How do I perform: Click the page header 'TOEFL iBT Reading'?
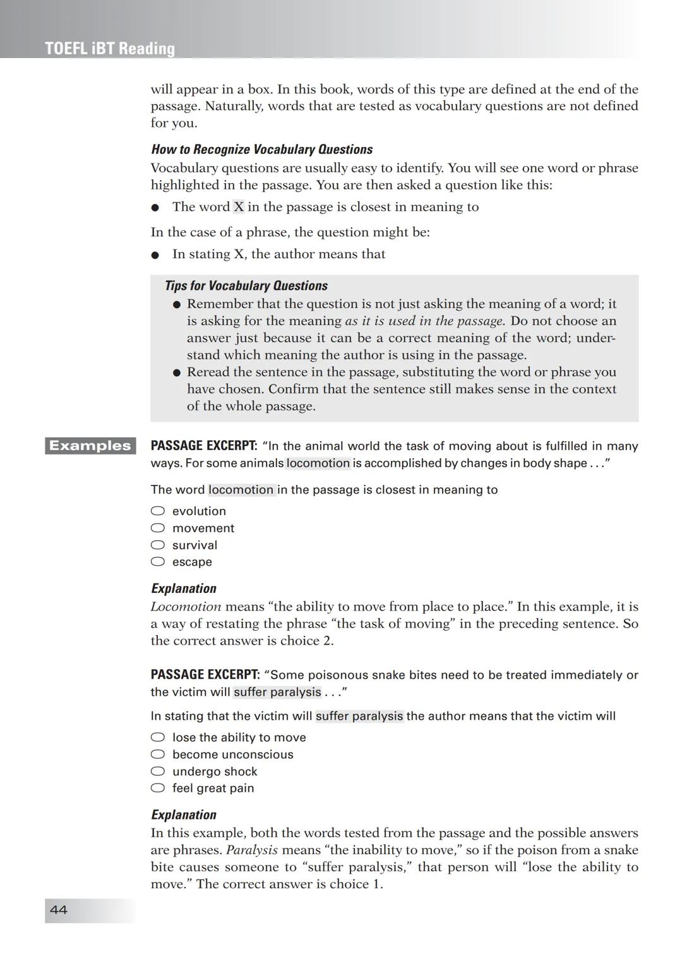(110, 49)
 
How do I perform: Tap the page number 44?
(59, 910)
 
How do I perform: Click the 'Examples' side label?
(90, 446)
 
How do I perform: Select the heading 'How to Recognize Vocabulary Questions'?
(261, 150)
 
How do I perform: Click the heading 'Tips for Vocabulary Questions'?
(246, 286)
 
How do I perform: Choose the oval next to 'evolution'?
(158, 511)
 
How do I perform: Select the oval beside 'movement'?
(158, 528)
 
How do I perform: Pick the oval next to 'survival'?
(158, 545)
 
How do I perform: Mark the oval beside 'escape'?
(158, 562)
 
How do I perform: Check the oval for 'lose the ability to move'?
(158, 737)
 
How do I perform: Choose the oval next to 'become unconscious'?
(158, 754)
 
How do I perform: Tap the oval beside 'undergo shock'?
(158, 771)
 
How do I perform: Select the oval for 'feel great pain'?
(158, 788)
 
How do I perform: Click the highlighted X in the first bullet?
(238, 207)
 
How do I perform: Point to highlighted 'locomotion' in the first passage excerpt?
(318, 463)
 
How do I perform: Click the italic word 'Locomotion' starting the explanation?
(186, 607)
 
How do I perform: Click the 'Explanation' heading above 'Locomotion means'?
(183, 588)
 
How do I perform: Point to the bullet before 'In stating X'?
(155, 255)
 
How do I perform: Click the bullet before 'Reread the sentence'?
(177, 372)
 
